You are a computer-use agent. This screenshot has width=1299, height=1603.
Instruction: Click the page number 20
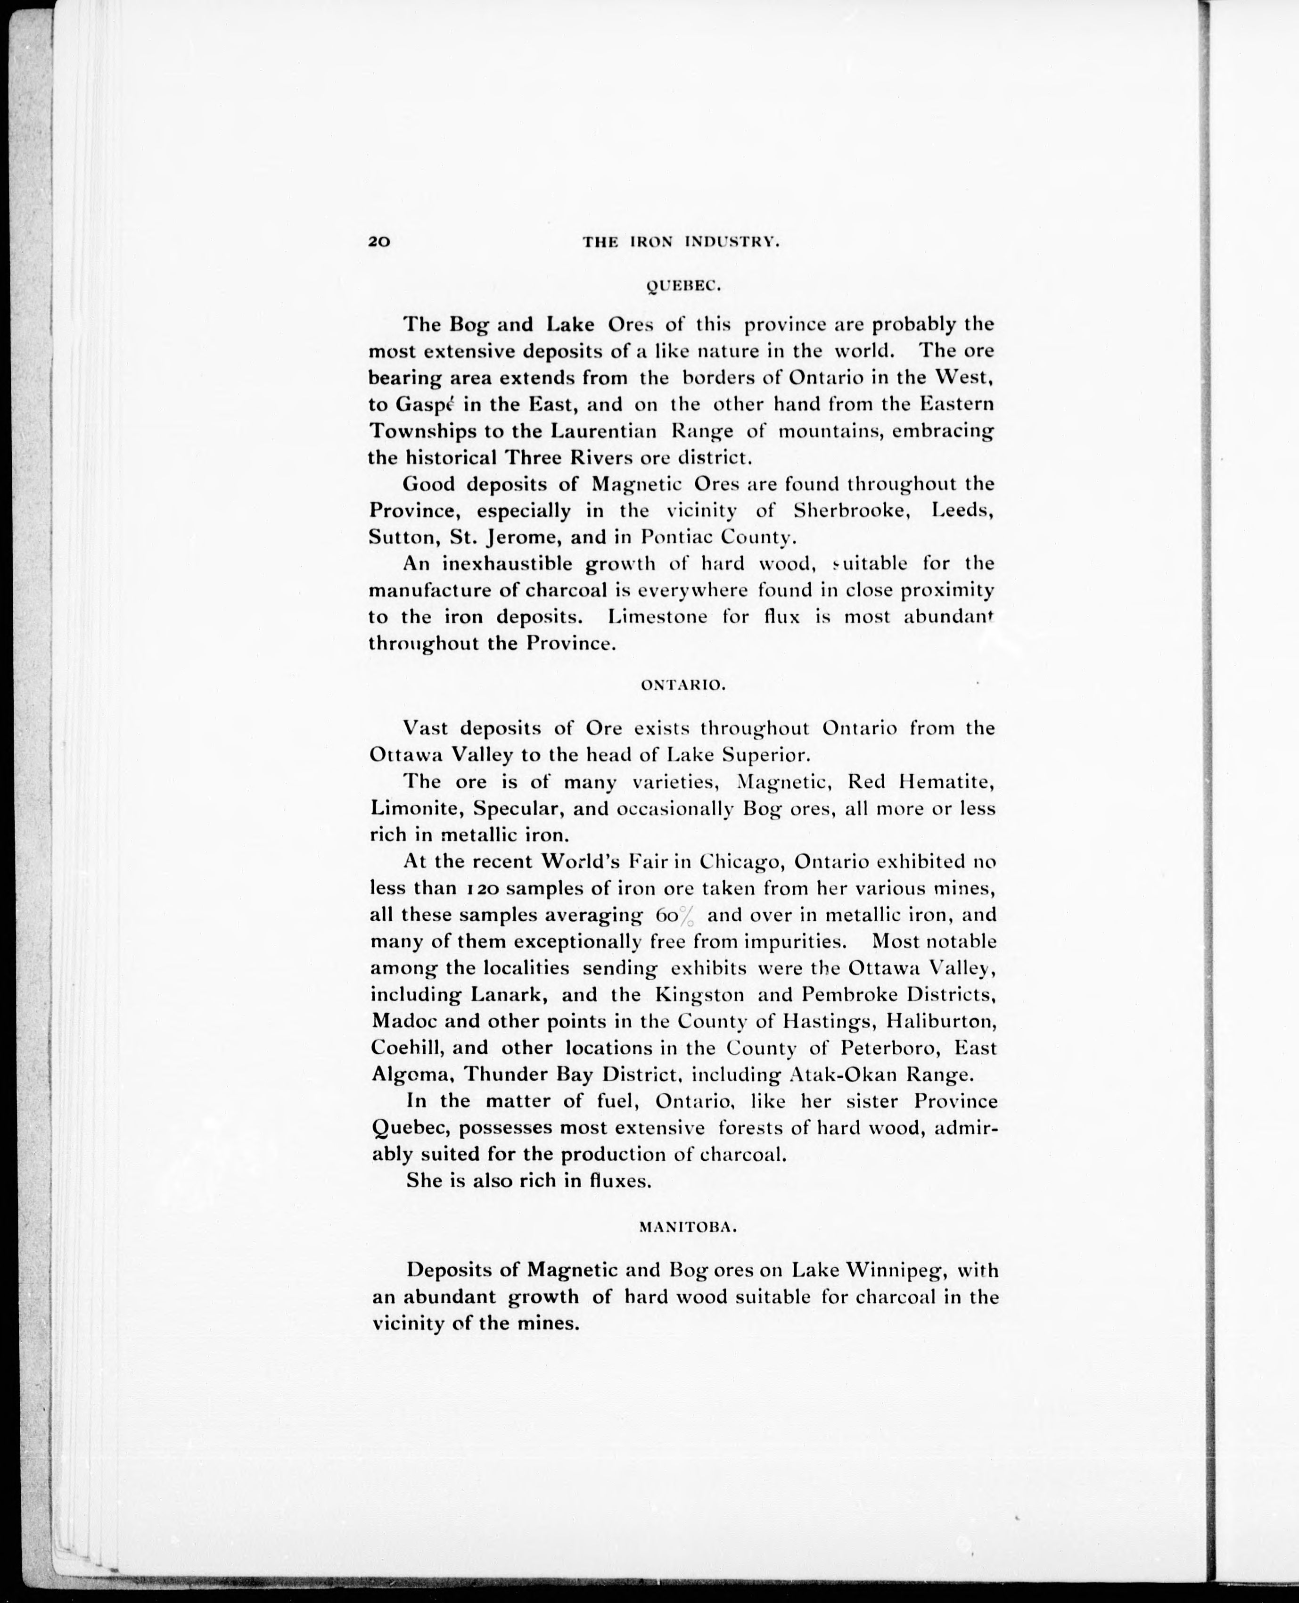[379, 242]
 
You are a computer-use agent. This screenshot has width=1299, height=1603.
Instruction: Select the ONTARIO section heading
[683, 684]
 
